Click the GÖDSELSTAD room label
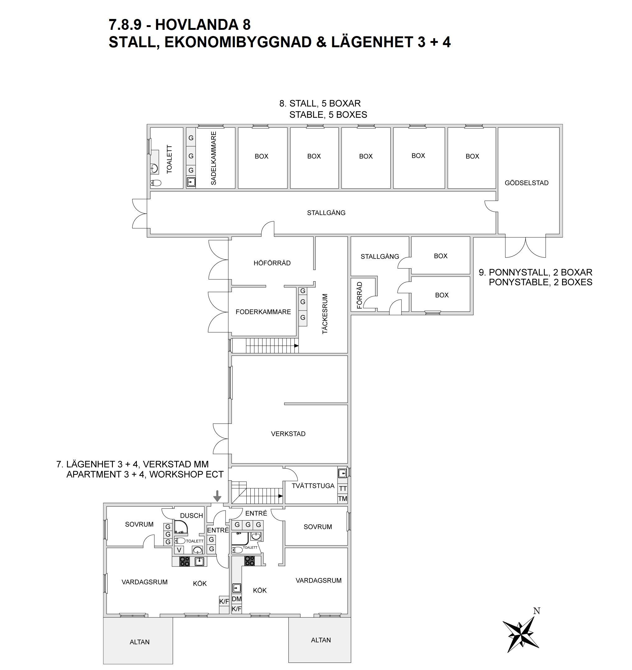click(x=527, y=183)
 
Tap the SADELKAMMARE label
click(x=213, y=158)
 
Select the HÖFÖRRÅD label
click(x=272, y=263)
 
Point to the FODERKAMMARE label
click(x=263, y=312)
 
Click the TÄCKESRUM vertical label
click(x=325, y=314)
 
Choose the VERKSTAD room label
click(x=288, y=434)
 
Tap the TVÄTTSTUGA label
click(x=313, y=486)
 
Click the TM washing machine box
click(x=343, y=499)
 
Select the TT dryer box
click(x=343, y=489)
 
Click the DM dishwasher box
click(x=237, y=599)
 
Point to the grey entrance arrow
click(x=217, y=496)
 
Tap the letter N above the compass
click(x=537, y=611)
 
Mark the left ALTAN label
click(x=139, y=642)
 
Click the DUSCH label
click(x=192, y=516)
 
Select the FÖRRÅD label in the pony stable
click(x=360, y=295)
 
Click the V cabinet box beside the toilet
click(x=179, y=550)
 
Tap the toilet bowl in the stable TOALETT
click(x=156, y=183)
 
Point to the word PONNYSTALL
click(x=519, y=272)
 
